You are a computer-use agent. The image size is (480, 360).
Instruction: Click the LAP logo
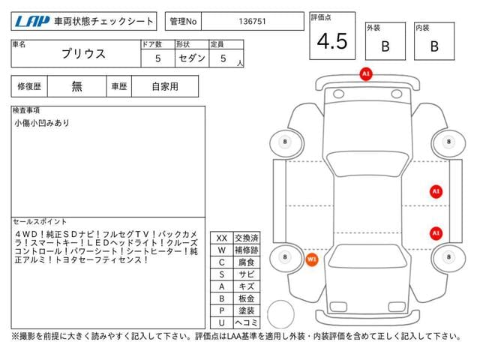32,22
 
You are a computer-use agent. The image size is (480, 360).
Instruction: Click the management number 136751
252,22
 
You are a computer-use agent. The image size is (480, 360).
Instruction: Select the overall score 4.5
332,41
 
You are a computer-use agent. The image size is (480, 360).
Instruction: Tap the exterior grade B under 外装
385,46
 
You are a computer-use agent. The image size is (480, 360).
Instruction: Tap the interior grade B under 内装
434,46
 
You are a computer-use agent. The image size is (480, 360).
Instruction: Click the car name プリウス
83,54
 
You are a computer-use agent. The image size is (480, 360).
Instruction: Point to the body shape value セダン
192,58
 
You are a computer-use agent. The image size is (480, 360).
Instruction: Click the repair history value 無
76,86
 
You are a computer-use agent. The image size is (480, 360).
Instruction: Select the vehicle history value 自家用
165,87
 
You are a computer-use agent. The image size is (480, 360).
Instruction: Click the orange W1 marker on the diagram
312,259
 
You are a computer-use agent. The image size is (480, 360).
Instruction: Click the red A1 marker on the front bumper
366,73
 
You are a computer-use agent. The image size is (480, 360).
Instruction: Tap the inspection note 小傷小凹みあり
42,123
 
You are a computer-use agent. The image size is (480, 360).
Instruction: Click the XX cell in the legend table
222,238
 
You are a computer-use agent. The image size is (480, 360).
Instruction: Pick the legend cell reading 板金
247,298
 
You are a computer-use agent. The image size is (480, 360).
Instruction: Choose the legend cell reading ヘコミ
247,322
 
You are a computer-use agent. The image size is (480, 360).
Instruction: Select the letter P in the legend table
222,310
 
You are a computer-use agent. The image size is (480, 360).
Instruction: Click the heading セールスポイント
40,221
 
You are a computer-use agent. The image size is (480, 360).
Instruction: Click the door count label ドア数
151,44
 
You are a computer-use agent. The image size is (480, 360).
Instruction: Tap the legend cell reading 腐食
247,262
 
